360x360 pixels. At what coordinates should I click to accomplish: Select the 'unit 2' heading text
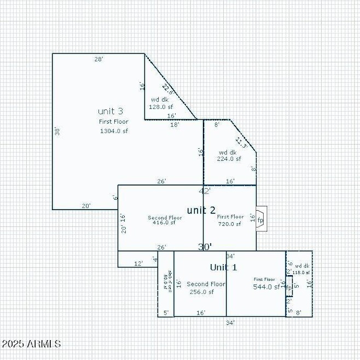click(x=201, y=210)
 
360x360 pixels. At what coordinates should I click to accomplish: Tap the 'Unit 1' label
click(x=223, y=267)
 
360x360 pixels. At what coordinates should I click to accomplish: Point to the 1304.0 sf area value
click(x=114, y=131)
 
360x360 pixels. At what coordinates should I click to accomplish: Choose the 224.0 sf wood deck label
click(x=229, y=159)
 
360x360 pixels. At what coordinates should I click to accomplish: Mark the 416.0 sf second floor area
click(x=165, y=223)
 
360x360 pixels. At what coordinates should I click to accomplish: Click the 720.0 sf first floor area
click(x=230, y=224)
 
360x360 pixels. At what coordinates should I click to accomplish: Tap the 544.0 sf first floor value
click(x=266, y=287)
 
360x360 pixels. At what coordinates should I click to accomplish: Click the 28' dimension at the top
click(x=98, y=59)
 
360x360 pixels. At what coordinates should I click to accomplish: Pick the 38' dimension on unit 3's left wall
click(x=57, y=131)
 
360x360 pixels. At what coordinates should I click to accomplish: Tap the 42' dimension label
click(x=205, y=191)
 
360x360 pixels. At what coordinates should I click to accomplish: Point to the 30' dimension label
click(x=205, y=247)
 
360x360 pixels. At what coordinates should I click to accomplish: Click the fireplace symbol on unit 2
click(x=261, y=220)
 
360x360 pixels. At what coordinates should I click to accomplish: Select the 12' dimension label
click(x=139, y=264)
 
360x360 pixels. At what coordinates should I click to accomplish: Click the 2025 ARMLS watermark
click(x=31, y=344)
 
